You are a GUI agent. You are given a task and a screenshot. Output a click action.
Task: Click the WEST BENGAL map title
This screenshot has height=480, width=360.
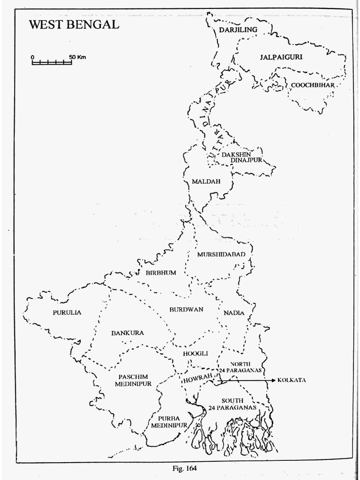[74, 25]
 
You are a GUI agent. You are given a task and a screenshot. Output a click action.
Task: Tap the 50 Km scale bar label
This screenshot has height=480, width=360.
[78, 57]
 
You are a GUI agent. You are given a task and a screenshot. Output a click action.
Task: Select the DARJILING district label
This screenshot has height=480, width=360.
[239, 30]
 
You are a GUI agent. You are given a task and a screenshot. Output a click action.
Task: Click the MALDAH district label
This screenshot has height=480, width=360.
[205, 182]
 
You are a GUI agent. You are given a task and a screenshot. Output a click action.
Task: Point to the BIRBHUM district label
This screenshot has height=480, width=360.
[159, 272]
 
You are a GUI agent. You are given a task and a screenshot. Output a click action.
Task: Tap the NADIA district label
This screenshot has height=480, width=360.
[234, 313]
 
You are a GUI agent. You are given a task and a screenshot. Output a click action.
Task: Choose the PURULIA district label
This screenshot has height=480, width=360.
[66, 312]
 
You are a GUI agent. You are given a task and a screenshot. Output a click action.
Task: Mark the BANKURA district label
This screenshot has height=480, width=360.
[127, 333]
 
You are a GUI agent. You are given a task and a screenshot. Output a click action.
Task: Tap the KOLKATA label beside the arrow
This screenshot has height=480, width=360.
[292, 380]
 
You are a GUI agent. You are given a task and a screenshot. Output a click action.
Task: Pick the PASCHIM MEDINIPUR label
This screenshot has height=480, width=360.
[135, 380]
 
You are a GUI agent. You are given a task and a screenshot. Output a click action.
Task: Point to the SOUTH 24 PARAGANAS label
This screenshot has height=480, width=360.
[232, 404]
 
